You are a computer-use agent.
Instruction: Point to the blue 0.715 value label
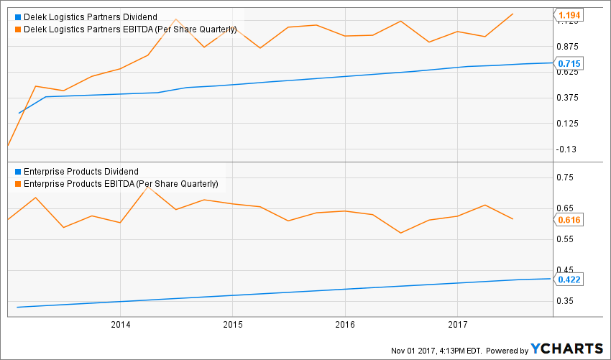point(569,64)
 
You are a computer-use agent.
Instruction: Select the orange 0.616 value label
point(569,219)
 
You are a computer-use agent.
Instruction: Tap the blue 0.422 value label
point(569,280)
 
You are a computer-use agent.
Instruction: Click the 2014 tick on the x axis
point(120,325)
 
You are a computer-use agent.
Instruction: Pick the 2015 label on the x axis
point(232,325)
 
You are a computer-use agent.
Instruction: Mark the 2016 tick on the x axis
point(345,325)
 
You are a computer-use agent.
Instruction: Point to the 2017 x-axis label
point(458,325)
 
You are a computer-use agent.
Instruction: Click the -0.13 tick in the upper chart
point(568,149)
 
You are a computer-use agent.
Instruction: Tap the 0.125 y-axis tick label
point(568,124)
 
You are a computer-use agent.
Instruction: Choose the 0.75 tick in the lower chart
point(566,177)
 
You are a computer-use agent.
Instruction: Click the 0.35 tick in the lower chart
point(566,301)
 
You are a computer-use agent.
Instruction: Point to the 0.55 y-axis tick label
point(566,239)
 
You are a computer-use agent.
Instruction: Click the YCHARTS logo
point(567,349)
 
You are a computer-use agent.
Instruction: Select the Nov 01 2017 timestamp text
point(446,351)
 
